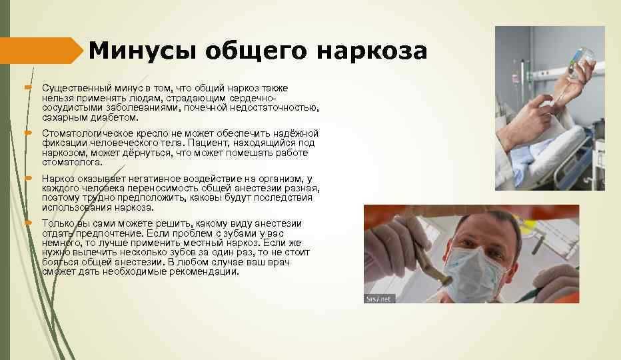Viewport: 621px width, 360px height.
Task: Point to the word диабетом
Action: click(x=114, y=117)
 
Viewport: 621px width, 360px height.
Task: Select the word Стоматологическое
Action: click(x=87, y=133)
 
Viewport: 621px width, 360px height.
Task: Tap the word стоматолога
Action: click(x=72, y=163)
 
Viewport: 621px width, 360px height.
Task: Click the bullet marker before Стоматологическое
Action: click(x=28, y=133)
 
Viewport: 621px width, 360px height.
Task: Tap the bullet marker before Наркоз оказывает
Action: click(x=28, y=179)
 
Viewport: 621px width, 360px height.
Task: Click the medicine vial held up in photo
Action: click(x=582, y=57)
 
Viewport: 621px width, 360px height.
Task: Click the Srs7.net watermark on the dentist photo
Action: click(x=379, y=299)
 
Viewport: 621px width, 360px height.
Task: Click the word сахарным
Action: click(x=65, y=118)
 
